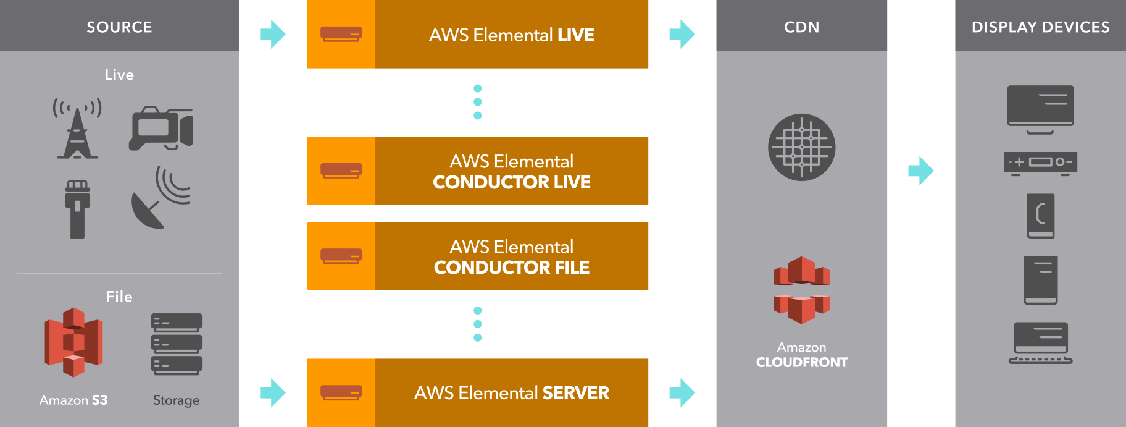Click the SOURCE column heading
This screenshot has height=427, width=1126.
119,27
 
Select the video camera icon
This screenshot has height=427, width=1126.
161,129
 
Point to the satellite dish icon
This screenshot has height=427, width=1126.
161,197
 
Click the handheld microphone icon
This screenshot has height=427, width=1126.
77,209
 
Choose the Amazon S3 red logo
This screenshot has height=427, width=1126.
73,342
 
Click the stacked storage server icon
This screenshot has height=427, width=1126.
177,344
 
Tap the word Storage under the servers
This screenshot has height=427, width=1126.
177,400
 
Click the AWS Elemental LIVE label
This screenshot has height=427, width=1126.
512,35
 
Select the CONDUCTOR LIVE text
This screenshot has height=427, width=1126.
512,182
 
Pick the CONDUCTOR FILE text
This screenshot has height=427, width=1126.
512,268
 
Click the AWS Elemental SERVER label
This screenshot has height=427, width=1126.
512,393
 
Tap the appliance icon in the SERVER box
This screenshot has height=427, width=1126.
341,392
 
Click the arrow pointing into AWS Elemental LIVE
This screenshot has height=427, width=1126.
273,34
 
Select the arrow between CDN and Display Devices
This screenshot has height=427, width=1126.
921,171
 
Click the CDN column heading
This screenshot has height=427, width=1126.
802,27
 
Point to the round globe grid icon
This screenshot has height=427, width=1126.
802,147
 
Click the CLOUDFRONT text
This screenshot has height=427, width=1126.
802,363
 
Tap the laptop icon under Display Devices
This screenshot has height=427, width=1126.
1041,343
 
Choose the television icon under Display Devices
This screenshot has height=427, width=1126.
1041,109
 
